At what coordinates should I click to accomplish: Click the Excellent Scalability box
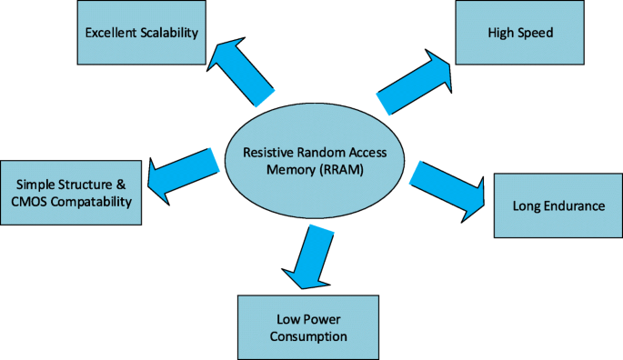[142, 34]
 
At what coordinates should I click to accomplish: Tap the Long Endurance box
[558, 205]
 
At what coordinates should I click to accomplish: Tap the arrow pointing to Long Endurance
[450, 186]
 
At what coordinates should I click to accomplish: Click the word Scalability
[170, 34]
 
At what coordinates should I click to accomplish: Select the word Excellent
[111, 34]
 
